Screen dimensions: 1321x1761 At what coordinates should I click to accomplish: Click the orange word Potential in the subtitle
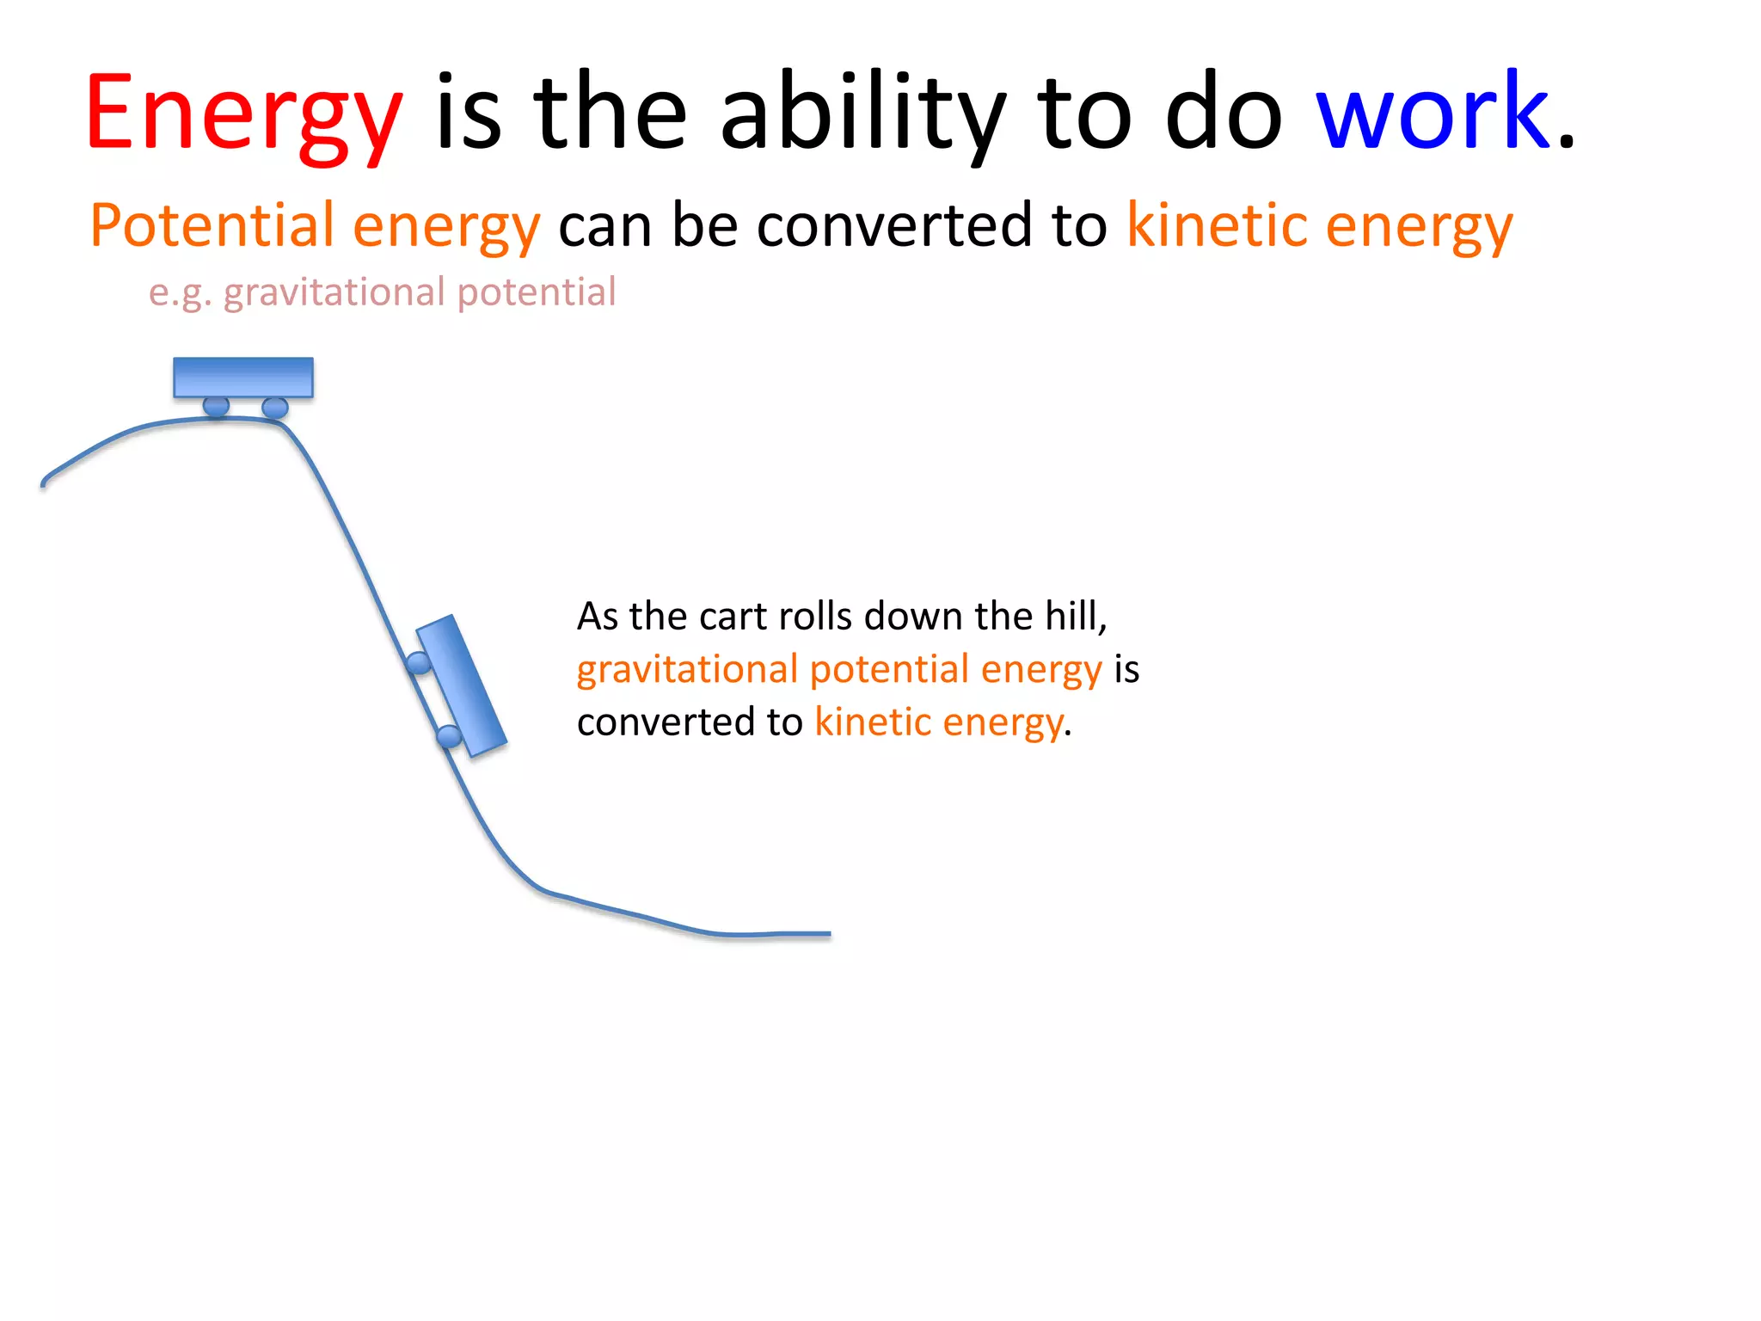tap(212, 225)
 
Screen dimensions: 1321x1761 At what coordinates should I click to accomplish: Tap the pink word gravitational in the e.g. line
tap(335, 292)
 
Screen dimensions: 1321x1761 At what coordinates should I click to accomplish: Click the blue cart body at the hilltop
tap(243, 377)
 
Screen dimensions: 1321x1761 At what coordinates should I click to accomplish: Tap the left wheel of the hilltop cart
tap(216, 406)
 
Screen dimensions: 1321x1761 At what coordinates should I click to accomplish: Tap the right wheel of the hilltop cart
tap(275, 407)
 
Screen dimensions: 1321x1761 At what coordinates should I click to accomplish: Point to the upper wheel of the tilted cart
tap(419, 663)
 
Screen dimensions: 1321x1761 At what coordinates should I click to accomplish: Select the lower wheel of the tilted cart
tap(449, 736)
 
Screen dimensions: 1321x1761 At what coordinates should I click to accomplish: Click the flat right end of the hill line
tap(800, 934)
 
